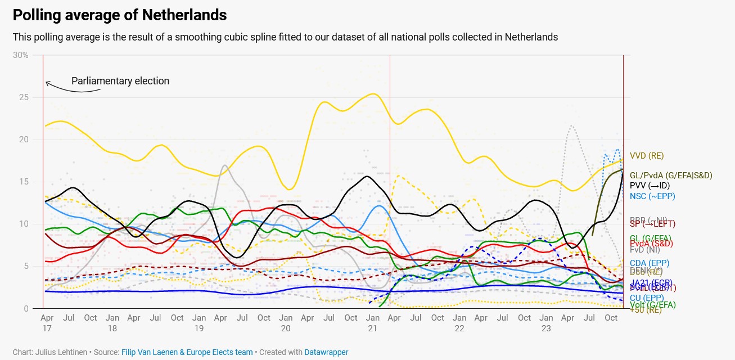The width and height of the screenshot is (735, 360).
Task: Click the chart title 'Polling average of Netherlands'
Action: tap(120, 15)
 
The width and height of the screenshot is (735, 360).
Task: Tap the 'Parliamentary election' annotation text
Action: tap(120, 81)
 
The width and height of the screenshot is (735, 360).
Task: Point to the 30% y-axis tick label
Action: tap(21, 55)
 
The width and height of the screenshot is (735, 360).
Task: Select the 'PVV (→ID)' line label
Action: tap(650, 185)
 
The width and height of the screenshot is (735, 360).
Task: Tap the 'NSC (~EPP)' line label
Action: tap(652, 196)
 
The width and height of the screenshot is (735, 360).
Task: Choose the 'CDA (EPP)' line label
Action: tap(650, 263)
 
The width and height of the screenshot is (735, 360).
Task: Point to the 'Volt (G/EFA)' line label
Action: tap(652, 305)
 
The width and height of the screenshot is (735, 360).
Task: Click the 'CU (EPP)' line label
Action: tap(647, 298)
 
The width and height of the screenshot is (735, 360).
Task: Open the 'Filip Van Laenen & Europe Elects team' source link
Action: tap(187, 352)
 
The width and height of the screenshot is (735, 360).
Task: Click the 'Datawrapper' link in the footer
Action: tap(326, 352)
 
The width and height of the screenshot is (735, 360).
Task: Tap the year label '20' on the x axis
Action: tap(286, 328)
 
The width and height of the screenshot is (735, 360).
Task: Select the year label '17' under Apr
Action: tap(47, 328)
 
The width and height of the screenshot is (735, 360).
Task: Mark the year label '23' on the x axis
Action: tap(546, 328)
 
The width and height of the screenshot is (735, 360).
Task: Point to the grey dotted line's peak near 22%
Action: tap(572, 126)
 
